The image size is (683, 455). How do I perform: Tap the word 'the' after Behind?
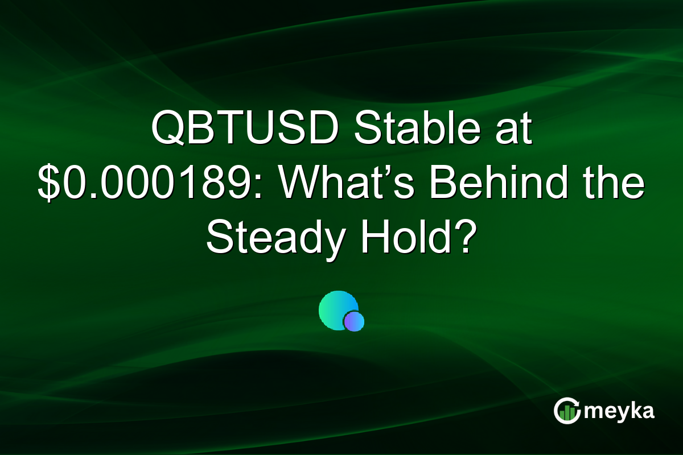coord(615,187)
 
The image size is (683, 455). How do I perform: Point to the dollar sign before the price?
coord(48,187)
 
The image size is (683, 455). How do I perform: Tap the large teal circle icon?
coord(337,310)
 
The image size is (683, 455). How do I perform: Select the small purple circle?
coord(353,321)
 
